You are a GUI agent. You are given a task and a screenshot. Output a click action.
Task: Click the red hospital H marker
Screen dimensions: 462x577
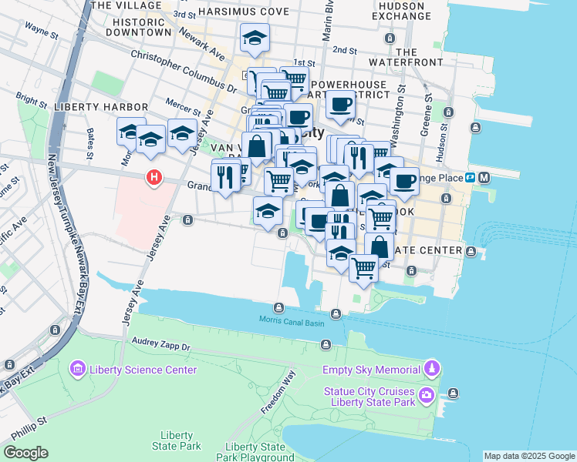(x=154, y=178)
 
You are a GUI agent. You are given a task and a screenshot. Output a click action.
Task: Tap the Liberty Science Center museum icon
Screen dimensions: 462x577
(x=77, y=370)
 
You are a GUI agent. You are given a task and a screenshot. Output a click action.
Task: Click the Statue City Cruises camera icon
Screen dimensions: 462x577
(x=427, y=397)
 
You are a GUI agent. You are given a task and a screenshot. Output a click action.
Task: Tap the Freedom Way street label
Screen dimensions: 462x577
(x=278, y=393)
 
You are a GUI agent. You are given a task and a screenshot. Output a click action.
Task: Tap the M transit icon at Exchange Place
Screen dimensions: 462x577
(x=484, y=178)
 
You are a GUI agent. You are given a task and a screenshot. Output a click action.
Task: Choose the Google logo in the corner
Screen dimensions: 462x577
(x=25, y=453)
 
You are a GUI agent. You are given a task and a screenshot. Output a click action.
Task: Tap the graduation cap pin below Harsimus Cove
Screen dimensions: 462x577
(x=255, y=36)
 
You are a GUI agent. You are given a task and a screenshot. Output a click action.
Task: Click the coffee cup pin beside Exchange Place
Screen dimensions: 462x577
(x=404, y=182)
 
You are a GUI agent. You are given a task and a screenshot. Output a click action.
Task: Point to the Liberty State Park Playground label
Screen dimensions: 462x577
(x=255, y=452)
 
